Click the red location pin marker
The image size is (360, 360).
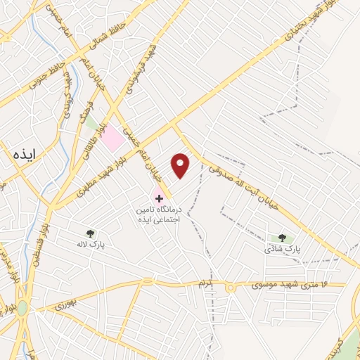click(181, 166)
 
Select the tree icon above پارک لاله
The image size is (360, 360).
click(89, 233)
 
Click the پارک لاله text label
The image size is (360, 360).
click(90, 245)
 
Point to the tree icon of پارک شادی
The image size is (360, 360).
click(283, 238)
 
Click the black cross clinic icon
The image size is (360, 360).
click(159, 198)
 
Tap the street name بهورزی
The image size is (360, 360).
click(64, 304)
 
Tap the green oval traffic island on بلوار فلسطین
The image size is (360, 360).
click(22, 307)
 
